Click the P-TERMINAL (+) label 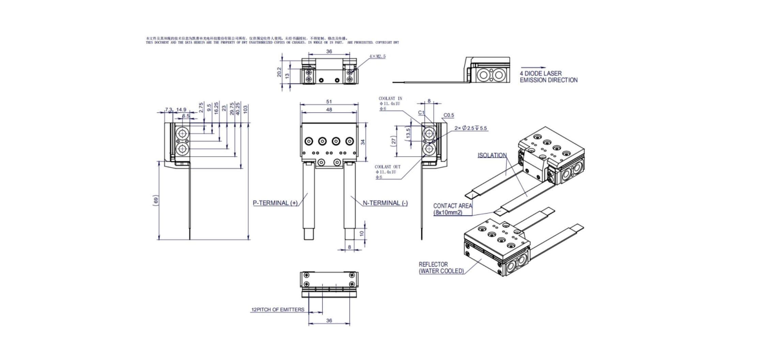click(x=275, y=203)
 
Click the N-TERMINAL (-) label click(x=385, y=203)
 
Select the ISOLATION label click(x=492, y=155)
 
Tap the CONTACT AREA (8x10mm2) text click(x=452, y=209)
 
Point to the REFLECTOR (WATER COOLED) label click(x=441, y=268)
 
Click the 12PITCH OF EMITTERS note click(x=278, y=310)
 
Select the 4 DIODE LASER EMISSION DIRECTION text click(x=548, y=77)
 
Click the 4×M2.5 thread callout click(x=377, y=56)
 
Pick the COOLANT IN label click(x=390, y=98)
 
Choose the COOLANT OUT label click(x=388, y=167)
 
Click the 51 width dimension click(x=329, y=101)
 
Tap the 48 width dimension click(x=329, y=110)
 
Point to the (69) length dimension click(x=156, y=201)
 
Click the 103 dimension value click(x=246, y=109)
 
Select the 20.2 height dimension click(x=279, y=72)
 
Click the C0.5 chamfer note click(x=449, y=115)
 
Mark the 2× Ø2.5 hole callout click(x=470, y=128)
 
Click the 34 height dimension click(x=363, y=142)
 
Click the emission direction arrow click(x=533, y=67)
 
